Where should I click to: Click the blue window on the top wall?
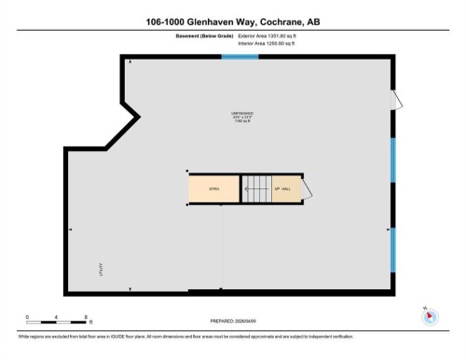240,57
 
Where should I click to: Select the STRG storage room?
213,189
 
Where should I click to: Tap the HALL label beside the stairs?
289,189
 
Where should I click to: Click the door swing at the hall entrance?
308,189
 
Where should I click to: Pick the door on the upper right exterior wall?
397,100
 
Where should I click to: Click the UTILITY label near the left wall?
99,270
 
